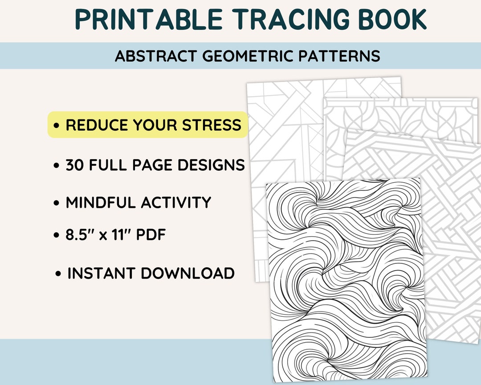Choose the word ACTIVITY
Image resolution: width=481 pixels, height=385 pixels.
pyautogui.click(x=176, y=203)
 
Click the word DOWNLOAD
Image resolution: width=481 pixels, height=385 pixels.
pyautogui.click(x=188, y=273)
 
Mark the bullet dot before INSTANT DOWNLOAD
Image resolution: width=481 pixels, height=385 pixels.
pyautogui.click(x=58, y=274)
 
